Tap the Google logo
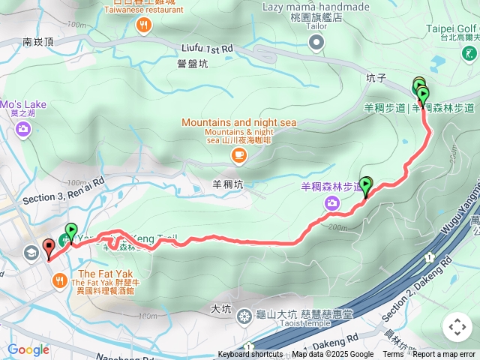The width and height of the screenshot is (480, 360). click(28, 349)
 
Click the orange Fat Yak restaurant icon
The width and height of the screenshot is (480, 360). click(61, 280)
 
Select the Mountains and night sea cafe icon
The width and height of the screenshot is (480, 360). click(238, 155)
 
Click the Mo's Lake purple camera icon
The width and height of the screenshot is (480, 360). click(22, 129)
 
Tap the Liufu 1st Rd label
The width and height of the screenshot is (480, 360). click(207, 48)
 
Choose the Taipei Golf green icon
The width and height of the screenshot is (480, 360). click(469, 54)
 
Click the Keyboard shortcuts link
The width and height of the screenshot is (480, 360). click(250, 355)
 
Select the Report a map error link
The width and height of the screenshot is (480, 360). click(444, 355)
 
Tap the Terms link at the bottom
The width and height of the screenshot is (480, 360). click(393, 355)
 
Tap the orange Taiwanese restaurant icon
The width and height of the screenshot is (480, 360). click(142, 25)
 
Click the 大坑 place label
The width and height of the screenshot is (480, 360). click(220, 308)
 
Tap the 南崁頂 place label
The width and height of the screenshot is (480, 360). click(37, 43)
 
